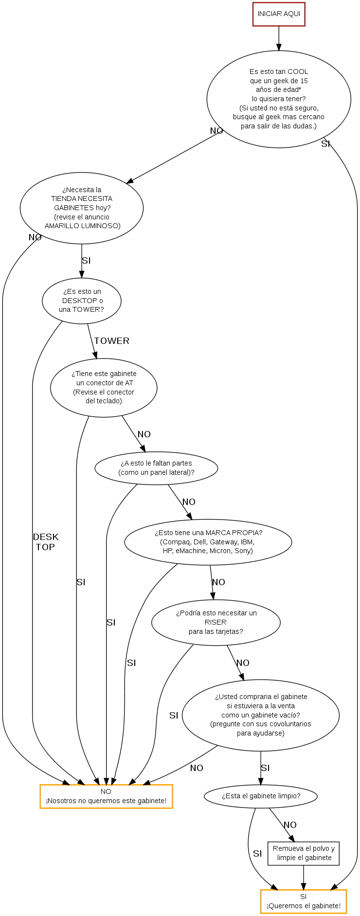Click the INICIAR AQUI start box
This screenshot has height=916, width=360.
pos(279,14)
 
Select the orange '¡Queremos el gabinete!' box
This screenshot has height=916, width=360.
pos(303,901)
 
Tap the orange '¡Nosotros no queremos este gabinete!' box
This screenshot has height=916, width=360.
pos(106,796)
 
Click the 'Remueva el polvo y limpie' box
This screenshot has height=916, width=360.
pos(304,853)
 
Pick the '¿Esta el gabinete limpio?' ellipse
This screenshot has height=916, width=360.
pos(261,796)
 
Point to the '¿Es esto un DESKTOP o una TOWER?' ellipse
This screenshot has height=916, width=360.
pos(82,301)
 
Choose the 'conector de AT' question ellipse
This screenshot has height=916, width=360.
pos(104,388)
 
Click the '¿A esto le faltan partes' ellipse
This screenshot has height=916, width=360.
pos(156,468)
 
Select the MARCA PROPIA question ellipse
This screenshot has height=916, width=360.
pos(208,542)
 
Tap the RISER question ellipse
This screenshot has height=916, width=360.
pos(216,622)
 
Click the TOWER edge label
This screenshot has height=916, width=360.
pos(111,341)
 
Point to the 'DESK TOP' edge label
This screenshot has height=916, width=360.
pos(45,542)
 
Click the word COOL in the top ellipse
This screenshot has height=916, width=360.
pos(298,72)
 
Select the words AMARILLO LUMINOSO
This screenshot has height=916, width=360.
pos(82,226)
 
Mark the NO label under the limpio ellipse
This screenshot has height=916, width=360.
pos(290,825)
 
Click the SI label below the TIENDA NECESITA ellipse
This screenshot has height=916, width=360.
pos(86,261)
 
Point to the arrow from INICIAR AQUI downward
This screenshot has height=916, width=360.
pos(279,38)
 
